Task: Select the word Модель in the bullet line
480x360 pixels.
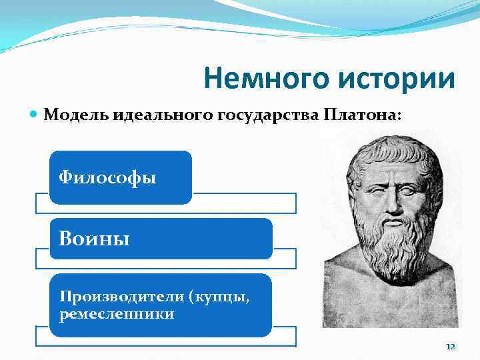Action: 71,115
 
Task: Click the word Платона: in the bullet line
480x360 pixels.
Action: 363,115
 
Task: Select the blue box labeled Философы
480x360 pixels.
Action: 120,177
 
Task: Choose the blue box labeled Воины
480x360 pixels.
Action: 160,239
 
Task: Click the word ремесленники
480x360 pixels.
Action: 117,313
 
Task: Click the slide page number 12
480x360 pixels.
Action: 450,347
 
